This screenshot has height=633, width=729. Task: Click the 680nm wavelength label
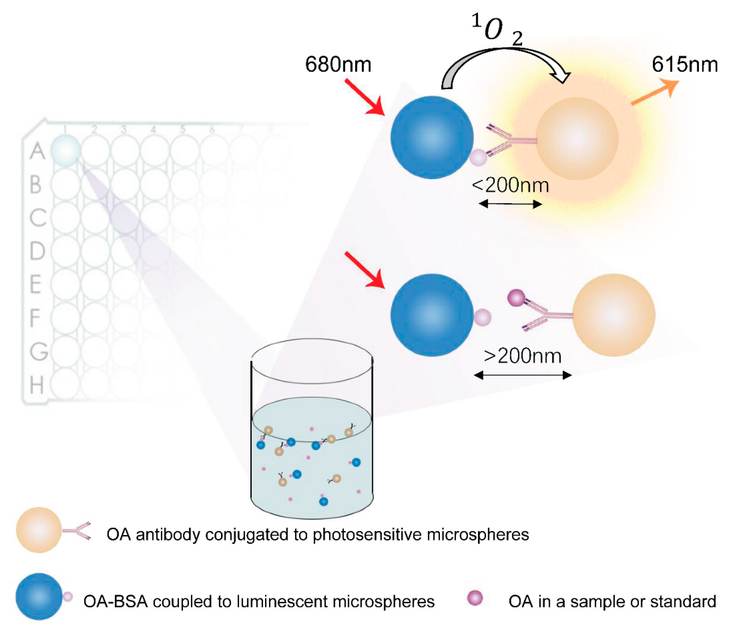338,65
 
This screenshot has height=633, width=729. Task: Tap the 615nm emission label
684,65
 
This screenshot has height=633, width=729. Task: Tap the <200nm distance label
510,185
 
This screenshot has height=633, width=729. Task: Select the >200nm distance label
522,356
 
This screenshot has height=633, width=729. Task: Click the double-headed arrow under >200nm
522,375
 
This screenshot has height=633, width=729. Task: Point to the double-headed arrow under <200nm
510,204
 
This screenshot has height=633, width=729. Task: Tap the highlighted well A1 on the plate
65,150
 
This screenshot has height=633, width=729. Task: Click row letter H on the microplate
37,385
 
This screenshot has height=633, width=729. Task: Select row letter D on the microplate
37,251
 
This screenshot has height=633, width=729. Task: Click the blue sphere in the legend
39,596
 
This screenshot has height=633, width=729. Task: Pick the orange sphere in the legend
39,530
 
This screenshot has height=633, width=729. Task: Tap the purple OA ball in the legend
475,597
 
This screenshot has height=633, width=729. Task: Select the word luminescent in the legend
290,601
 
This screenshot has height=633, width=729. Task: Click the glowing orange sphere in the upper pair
577,138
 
